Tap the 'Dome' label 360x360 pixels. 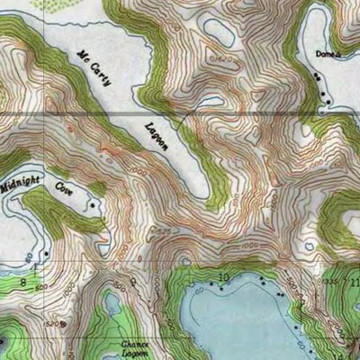(311, 56)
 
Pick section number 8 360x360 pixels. (24, 281)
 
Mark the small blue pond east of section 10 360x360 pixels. (309, 245)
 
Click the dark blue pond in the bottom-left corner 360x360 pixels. (4, 342)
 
